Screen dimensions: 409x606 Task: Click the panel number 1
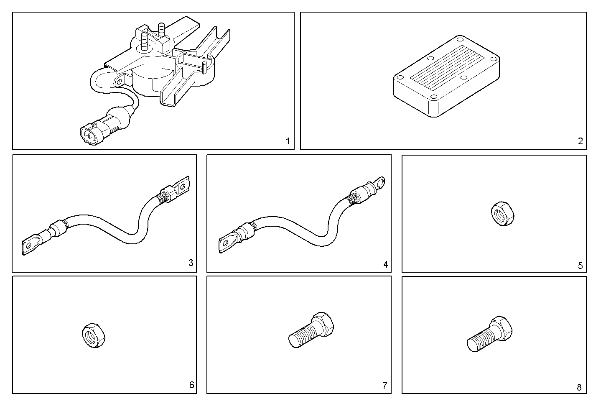coord(288,141)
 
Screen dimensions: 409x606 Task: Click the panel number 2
coord(580,141)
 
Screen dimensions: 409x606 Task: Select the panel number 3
coord(191,263)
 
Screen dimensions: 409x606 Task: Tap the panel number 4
coord(385,264)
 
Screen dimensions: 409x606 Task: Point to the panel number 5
coord(580,266)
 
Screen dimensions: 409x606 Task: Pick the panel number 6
coord(191,385)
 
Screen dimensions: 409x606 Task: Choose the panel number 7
coord(385,386)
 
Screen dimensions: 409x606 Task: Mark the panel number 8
coord(579,387)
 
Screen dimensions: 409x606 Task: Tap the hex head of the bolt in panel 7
coord(323,324)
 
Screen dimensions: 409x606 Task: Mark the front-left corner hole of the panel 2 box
coord(400,78)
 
